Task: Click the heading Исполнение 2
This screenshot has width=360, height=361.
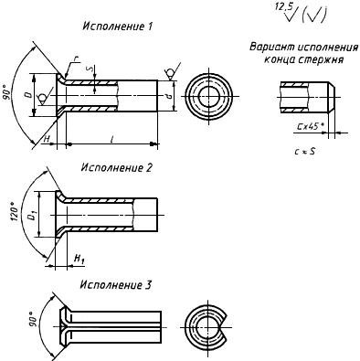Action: (x=116, y=167)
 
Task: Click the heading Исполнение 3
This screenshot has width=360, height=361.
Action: (x=116, y=285)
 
